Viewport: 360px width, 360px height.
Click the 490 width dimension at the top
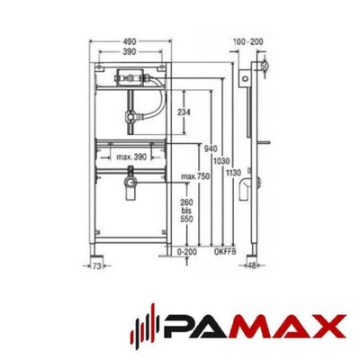[129, 41]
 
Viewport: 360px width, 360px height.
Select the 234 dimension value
[184, 112]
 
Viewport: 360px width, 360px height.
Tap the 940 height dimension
[211, 148]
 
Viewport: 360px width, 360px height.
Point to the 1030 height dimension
[221, 161]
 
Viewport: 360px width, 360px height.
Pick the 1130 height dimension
[233, 173]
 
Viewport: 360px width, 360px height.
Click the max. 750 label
[195, 176]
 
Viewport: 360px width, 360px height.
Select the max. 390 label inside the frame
[131, 157]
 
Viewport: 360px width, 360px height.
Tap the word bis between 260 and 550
[186, 211]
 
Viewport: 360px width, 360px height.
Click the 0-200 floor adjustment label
[186, 252]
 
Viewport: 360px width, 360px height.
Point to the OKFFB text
[225, 252]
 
